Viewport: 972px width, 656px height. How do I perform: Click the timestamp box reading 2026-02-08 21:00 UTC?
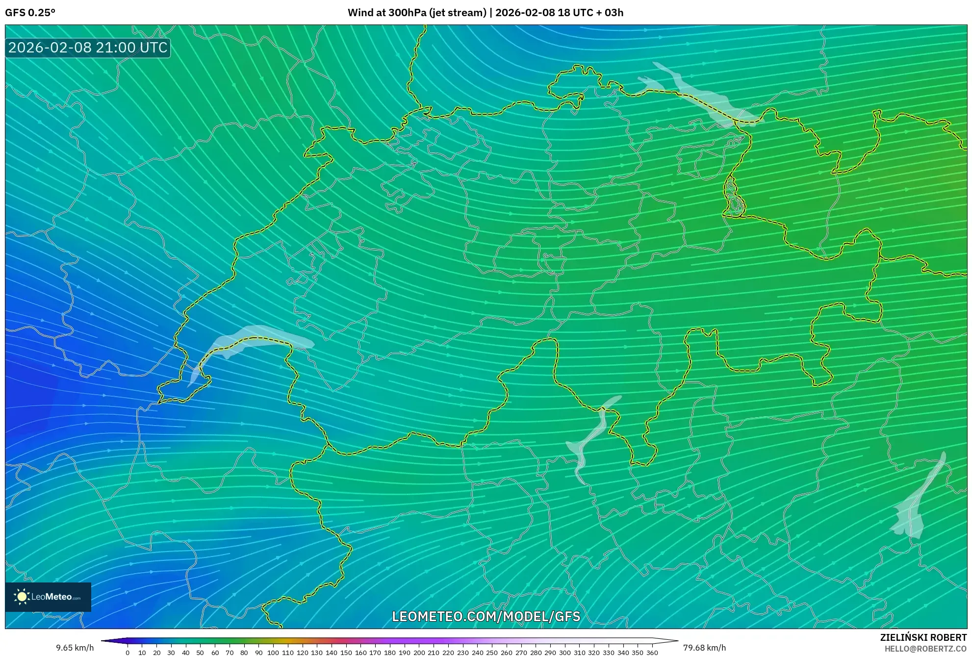88,48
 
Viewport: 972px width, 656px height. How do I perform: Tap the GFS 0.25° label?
30,13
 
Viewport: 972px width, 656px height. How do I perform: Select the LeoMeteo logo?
48,597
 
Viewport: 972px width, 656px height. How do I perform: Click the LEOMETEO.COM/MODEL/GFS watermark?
486,616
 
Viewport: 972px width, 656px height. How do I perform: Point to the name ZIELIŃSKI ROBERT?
923,637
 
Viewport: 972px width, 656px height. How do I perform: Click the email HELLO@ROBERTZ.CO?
925,649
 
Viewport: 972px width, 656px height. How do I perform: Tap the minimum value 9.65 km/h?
75,648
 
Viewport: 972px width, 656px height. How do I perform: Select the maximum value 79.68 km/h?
704,648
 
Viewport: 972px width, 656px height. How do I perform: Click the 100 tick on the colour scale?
273,652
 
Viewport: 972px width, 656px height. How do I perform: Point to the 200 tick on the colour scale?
419,652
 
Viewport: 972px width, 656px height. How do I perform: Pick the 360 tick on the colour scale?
652,652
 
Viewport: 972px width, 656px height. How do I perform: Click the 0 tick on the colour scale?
128,652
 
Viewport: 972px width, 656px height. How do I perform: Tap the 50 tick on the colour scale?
200,652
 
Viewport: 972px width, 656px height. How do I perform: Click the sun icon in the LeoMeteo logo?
22,597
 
